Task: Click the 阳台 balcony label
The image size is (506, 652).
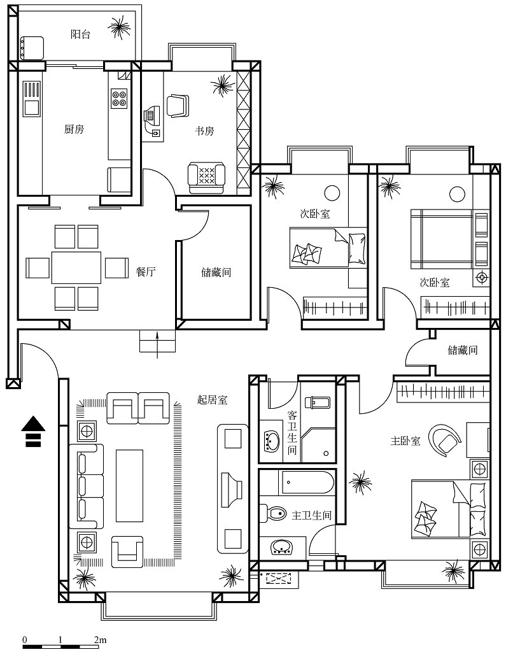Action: (80, 34)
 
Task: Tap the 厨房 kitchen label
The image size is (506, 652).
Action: (74, 129)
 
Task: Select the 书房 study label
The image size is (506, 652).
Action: (204, 131)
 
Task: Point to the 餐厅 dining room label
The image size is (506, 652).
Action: (146, 272)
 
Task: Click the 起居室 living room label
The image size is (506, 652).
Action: (212, 400)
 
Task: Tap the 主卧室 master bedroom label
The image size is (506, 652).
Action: (405, 441)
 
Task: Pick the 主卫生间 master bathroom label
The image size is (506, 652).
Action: (311, 516)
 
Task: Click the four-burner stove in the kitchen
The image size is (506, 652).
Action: (119, 99)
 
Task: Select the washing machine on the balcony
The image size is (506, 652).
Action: (32, 48)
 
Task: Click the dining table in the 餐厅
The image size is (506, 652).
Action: (76, 267)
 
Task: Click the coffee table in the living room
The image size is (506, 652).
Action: (129, 485)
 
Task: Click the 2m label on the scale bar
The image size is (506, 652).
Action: (100, 639)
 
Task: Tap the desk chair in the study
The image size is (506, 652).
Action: (178, 106)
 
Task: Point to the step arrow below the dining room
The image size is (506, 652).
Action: (157, 344)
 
